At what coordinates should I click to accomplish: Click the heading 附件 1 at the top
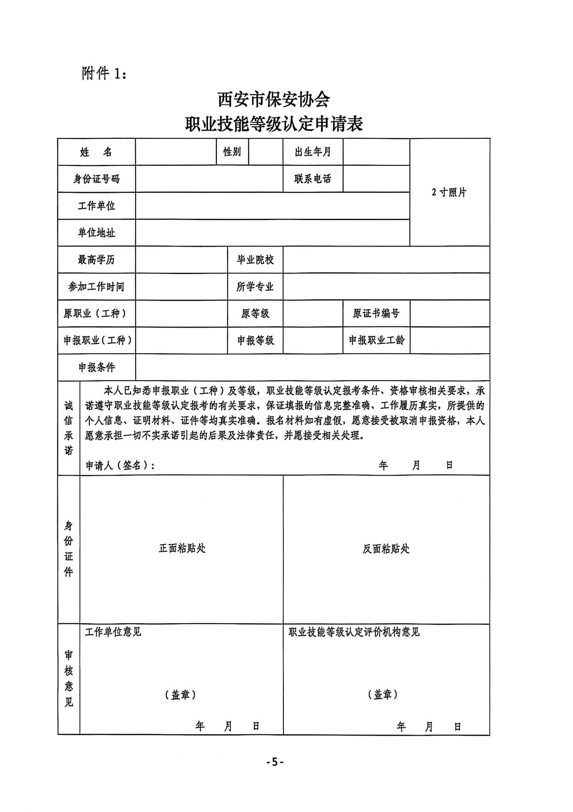[104, 73]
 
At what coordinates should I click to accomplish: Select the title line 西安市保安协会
[273, 100]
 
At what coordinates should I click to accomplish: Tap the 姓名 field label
[96, 152]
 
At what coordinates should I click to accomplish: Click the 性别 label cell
[232, 151]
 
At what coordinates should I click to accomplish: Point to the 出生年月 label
[313, 152]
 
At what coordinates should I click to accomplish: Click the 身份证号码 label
[96, 179]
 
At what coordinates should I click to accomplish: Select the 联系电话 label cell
[313, 179]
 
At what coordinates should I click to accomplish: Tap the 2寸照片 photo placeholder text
[449, 192]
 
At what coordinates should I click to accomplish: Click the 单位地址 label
[96, 233]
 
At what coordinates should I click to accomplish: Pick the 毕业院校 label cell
[255, 260]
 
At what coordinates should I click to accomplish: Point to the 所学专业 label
[255, 287]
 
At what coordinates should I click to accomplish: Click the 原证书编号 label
[376, 313]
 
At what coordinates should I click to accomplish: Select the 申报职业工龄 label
[376, 340]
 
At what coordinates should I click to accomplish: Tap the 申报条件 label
[97, 368]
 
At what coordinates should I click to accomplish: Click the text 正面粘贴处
[182, 549]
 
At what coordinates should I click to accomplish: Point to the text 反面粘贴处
[386, 549]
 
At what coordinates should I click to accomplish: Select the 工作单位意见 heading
[113, 632]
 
